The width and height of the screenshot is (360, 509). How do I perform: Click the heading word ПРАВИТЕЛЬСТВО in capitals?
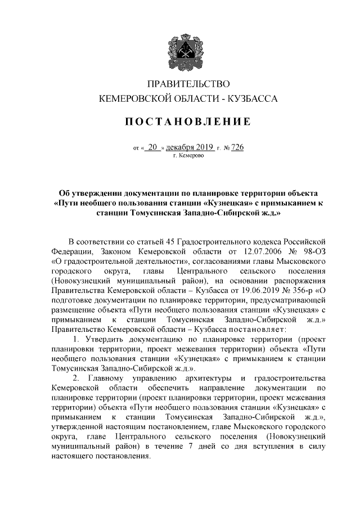point(181,85)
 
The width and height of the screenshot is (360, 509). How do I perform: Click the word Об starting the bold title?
point(66,192)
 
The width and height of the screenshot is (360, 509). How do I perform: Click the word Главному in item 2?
point(106,376)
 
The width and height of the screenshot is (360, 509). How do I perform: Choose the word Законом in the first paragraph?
point(107,252)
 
